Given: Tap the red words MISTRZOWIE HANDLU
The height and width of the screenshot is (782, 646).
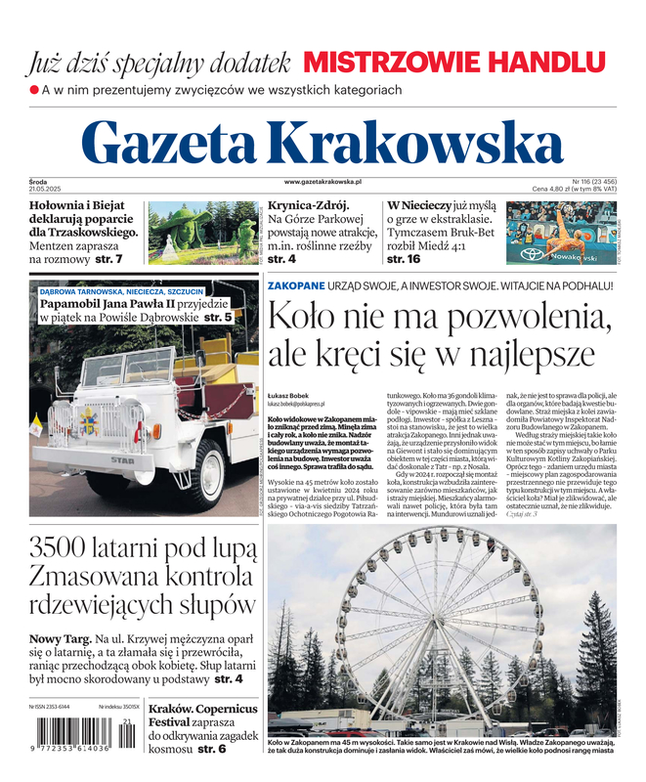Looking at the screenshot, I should [453, 63].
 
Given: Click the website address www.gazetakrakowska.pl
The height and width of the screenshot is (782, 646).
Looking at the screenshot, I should [323, 182].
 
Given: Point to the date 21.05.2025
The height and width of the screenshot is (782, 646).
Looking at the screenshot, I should [46, 189].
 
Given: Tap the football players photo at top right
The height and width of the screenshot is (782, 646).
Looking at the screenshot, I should [561, 234].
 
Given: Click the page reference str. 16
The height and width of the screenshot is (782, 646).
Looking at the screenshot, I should [404, 260].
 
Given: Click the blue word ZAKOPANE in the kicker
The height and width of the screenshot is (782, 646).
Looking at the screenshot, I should [296, 285].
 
